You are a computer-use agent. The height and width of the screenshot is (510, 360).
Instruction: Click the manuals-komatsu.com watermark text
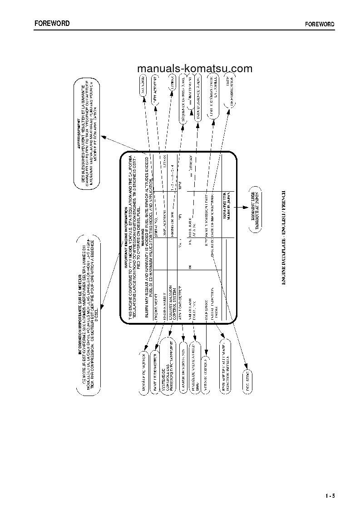(x=194, y=69)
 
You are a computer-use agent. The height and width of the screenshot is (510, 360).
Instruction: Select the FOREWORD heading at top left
(x=52, y=23)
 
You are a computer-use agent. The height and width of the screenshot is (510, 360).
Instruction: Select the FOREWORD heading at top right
(x=319, y=24)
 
